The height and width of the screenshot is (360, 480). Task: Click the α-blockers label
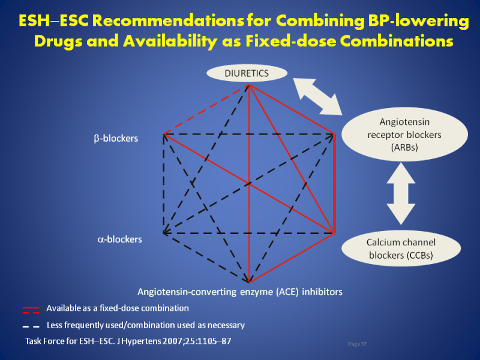tap(119, 239)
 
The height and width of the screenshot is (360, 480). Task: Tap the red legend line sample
tap(31, 310)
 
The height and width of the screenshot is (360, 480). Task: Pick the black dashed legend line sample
tap(31, 326)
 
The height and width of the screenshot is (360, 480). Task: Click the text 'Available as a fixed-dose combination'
tap(118, 308)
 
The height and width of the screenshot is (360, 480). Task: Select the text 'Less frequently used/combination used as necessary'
tap(145, 325)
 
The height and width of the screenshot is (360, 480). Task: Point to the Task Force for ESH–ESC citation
tap(128, 341)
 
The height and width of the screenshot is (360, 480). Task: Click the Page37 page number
tap(357, 344)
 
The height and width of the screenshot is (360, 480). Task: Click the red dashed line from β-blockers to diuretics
tap(205, 110)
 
